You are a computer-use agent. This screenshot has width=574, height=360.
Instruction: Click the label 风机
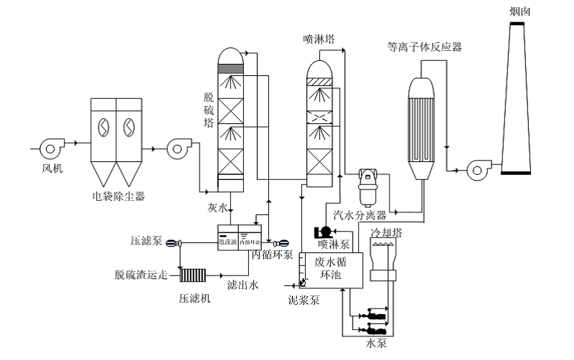point(53,169)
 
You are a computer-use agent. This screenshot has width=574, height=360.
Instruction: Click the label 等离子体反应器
point(423,47)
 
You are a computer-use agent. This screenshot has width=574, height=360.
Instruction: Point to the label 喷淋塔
point(319,39)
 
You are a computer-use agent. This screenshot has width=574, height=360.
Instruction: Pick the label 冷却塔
point(386,233)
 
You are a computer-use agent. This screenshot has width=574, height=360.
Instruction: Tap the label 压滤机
point(195,298)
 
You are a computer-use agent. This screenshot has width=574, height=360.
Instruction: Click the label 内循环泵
point(271,255)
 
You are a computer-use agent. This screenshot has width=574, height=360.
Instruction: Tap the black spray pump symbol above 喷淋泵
point(324,231)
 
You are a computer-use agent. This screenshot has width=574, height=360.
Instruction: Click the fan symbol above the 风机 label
point(52,148)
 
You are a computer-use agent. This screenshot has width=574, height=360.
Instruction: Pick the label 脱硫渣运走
point(141,275)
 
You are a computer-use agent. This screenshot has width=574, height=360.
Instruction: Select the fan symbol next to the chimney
point(476,169)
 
